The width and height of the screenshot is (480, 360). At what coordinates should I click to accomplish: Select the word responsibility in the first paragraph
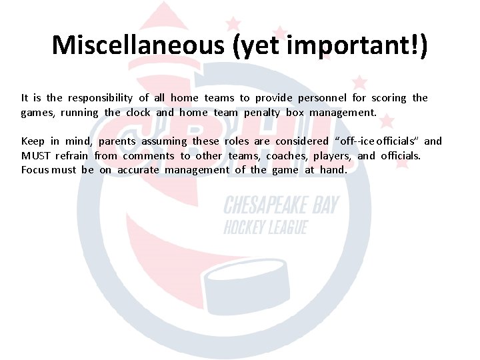coord(100,98)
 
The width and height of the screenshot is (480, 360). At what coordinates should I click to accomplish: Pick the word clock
coord(138,113)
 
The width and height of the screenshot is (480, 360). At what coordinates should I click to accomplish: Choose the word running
coord(79,113)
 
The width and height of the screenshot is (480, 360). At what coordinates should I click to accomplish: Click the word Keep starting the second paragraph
coord(33,141)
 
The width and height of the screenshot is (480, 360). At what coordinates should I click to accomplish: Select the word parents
coord(117,141)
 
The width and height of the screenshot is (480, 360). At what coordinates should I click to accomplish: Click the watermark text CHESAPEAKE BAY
coord(281,205)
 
